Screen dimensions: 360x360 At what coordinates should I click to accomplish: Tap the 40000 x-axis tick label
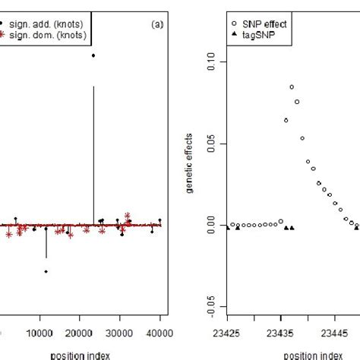[x=159, y=333]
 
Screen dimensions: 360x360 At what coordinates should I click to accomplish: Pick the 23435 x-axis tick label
[x=281, y=333]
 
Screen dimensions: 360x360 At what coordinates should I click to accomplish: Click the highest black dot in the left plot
[x=93, y=55]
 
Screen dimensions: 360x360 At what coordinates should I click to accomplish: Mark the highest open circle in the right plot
[x=292, y=87]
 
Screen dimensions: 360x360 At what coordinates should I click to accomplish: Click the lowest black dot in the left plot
[x=46, y=271]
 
